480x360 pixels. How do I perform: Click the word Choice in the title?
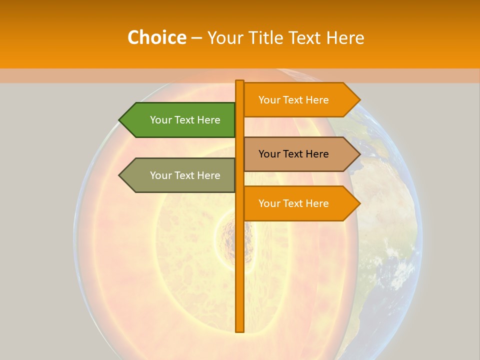(x=156, y=37)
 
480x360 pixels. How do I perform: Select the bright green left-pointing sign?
(x=180, y=120)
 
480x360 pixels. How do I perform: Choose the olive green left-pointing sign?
(x=180, y=175)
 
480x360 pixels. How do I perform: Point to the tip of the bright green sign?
(x=120, y=120)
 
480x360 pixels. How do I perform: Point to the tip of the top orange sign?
(x=359, y=100)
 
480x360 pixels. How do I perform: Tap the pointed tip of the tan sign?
(x=359, y=154)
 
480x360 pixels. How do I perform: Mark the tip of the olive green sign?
(x=120, y=175)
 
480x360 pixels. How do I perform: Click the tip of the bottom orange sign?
(x=359, y=203)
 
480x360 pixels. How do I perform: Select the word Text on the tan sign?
(x=294, y=154)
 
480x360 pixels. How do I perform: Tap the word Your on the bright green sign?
(x=160, y=120)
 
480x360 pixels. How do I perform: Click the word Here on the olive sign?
(x=208, y=175)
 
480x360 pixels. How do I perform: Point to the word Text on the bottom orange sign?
(x=294, y=203)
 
